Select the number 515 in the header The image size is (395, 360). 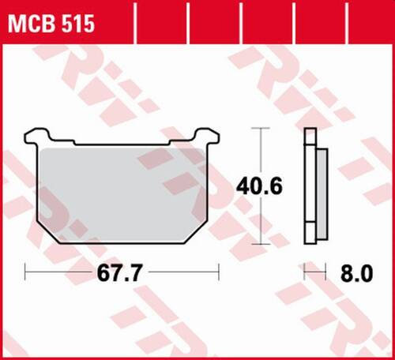77,25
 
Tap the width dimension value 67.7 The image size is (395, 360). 122,276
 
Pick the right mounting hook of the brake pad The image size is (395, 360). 209,136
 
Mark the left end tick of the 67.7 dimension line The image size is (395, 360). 27,275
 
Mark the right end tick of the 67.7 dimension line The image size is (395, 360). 219,275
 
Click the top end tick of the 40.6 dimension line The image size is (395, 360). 261,129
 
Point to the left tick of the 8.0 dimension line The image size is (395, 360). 306,275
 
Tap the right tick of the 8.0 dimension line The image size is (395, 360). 325,275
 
